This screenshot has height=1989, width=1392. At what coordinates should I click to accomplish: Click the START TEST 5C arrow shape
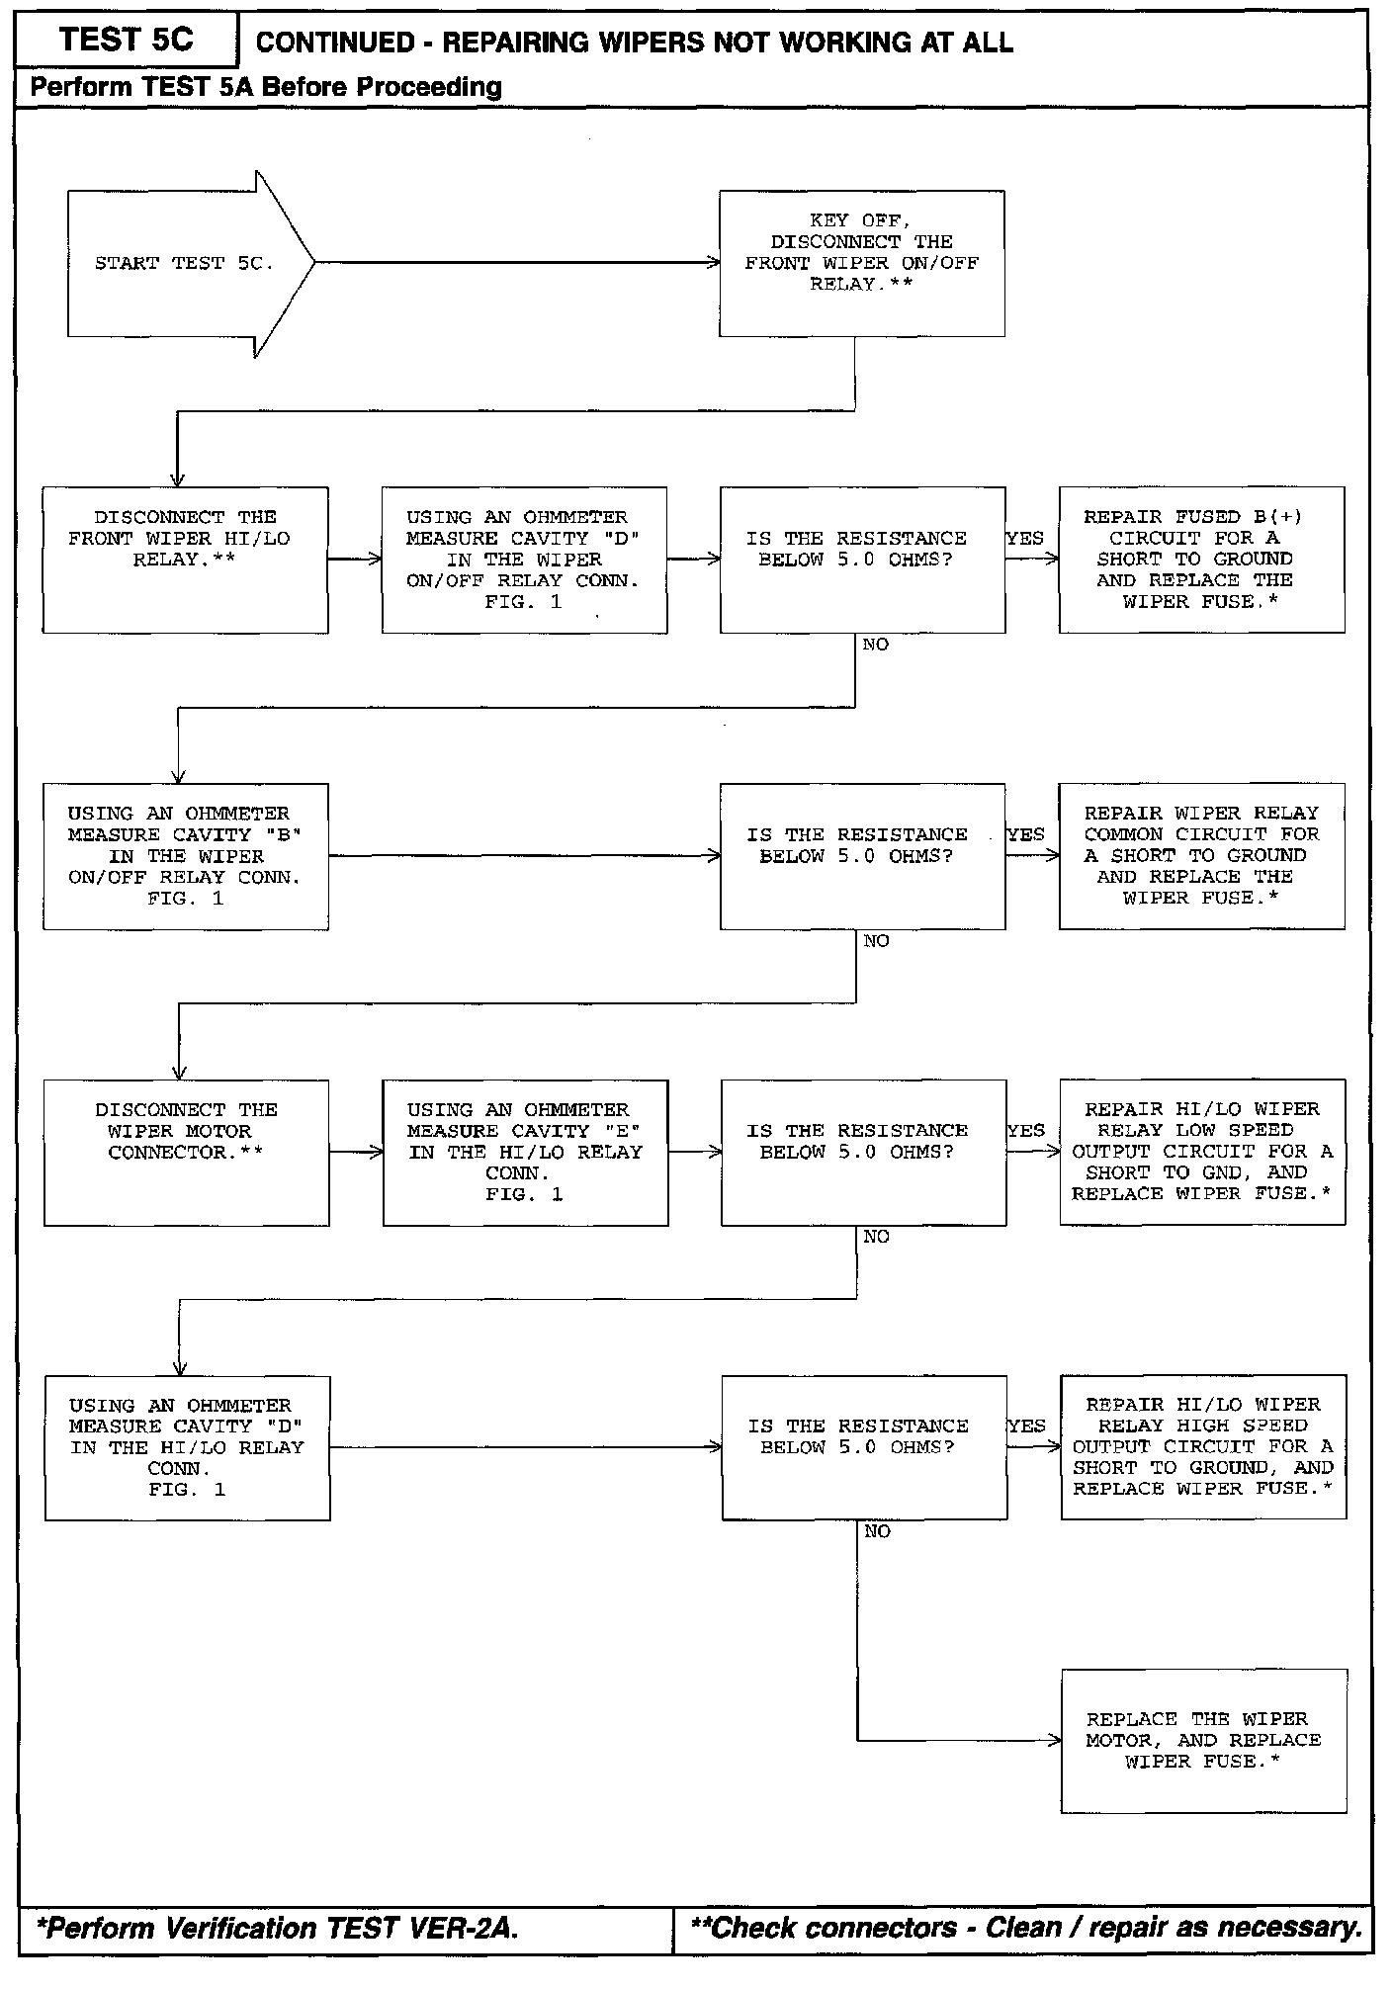click(x=188, y=264)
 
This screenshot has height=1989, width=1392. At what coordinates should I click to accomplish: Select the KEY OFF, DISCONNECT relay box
click(x=861, y=263)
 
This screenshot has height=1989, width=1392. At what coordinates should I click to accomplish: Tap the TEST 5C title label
click(x=127, y=40)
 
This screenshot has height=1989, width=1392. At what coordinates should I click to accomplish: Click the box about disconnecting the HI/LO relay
click(x=185, y=560)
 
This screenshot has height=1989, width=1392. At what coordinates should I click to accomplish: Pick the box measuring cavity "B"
click(x=185, y=856)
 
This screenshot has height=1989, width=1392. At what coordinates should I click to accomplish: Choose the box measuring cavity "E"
click(x=525, y=1153)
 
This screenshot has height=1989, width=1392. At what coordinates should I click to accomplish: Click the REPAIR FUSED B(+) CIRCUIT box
click(x=1201, y=560)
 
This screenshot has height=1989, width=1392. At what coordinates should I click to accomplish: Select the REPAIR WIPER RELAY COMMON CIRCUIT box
click(x=1201, y=856)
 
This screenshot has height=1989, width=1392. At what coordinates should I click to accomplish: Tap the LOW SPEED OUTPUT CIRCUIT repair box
click(x=1202, y=1152)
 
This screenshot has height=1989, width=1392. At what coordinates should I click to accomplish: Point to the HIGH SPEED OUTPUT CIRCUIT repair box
click(x=1203, y=1447)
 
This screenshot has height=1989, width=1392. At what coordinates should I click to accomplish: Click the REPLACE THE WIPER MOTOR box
click(x=1203, y=1741)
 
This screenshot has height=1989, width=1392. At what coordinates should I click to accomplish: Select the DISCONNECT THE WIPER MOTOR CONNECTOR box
click(x=186, y=1153)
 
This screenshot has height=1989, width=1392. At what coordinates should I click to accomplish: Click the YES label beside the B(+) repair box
click(x=1025, y=538)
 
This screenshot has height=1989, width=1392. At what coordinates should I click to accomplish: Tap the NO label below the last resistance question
click(x=877, y=1531)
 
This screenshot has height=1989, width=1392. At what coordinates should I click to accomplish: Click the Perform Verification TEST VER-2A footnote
click(x=277, y=1928)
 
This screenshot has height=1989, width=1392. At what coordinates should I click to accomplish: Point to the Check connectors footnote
click(x=1026, y=1928)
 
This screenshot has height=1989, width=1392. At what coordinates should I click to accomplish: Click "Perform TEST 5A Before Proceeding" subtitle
click(x=266, y=87)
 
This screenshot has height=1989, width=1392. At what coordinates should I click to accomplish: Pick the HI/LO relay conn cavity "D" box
click(x=187, y=1448)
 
